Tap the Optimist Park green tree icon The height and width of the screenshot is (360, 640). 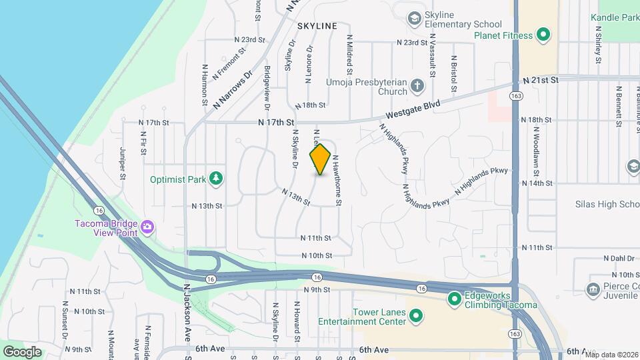[x=215, y=178]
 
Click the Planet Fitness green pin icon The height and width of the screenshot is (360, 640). [x=543, y=35]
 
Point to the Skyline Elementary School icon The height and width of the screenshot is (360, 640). [x=414, y=18]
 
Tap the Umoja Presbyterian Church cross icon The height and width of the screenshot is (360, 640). [x=417, y=85]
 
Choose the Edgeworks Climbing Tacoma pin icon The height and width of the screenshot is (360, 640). [x=455, y=299]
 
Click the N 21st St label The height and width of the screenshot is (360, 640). [x=539, y=79]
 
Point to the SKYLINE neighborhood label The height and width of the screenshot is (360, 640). [x=317, y=25]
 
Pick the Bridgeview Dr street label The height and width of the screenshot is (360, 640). [x=267, y=87]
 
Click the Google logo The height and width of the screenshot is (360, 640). [x=22, y=351]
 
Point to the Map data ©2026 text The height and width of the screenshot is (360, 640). [x=611, y=355]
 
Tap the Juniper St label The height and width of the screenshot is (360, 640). [x=123, y=163]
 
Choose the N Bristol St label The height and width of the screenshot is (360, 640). [x=453, y=69]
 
